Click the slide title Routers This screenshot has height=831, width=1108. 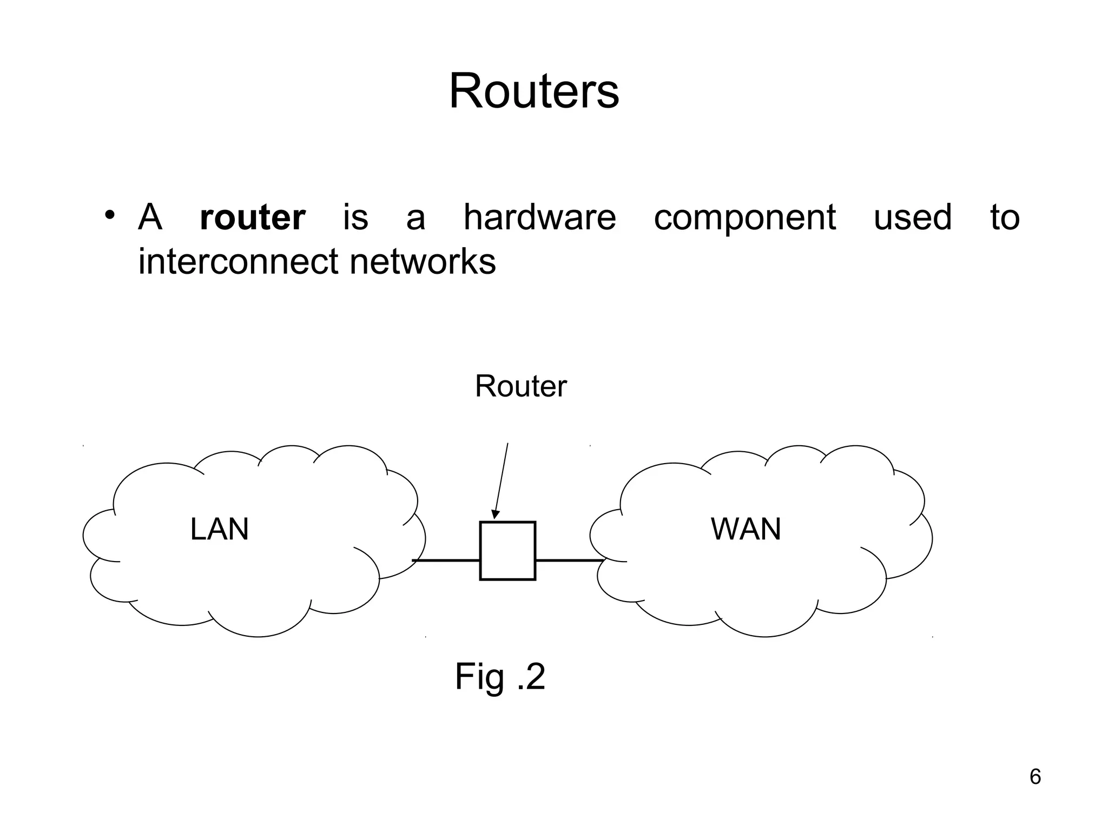point(533,91)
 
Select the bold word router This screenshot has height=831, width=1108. point(252,217)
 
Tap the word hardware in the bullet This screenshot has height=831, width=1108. point(539,217)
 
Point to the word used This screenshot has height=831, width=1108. point(912,217)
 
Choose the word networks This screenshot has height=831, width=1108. point(423,262)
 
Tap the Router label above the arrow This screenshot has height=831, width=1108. point(520,386)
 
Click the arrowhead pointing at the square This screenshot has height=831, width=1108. point(495,514)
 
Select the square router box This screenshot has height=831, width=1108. point(507,551)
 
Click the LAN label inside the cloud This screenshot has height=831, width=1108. point(219,529)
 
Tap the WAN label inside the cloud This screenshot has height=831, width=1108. point(746,529)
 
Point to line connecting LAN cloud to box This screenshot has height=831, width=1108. point(446,560)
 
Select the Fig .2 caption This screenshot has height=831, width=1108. point(500,676)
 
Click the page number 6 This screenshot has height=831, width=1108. point(1035,777)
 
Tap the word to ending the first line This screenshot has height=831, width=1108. point(1005,217)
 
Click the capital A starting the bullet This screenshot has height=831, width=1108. point(150,217)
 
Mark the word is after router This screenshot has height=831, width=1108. point(355,217)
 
